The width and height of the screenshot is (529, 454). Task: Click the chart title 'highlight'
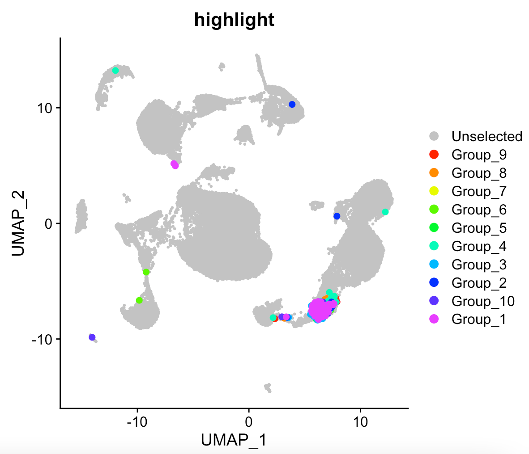pyautogui.click(x=234, y=20)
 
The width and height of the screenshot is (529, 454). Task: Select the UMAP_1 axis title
pyautogui.click(x=234, y=440)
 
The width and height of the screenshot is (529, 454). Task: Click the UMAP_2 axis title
pyautogui.click(x=18, y=223)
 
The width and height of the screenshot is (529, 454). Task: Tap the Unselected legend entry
pyautogui.click(x=486, y=136)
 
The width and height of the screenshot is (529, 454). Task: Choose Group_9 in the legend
pyautogui.click(x=479, y=155)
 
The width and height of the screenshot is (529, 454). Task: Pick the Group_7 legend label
pyautogui.click(x=479, y=191)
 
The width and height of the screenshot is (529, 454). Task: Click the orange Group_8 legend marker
pyautogui.click(x=434, y=173)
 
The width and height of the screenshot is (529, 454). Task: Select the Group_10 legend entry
pyautogui.click(x=483, y=301)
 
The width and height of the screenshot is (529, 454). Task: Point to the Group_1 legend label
pyautogui.click(x=479, y=319)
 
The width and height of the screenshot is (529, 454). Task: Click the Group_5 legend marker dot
pyautogui.click(x=434, y=228)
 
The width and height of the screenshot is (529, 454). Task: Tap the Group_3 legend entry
pyautogui.click(x=479, y=265)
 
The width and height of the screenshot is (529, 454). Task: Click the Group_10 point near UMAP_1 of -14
pyautogui.click(x=92, y=337)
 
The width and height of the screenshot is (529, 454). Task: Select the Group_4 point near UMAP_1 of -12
pyautogui.click(x=115, y=71)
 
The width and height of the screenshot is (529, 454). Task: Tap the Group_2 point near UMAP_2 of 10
pyautogui.click(x=292, y=105)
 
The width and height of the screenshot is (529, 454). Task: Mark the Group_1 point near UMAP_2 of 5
pyautogui.click(x=175, y=165)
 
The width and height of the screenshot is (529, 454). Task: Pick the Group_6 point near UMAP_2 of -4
pyautogui.click(x=146, y=272)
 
